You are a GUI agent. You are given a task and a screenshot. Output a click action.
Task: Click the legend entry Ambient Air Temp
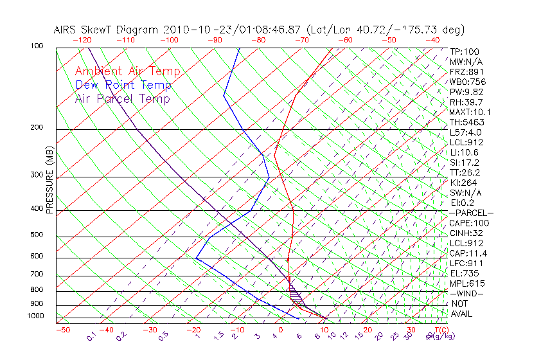[127, 71]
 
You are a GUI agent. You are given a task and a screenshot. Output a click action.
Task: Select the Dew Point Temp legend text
[123, 85]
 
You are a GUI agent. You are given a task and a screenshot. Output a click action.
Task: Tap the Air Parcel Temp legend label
[122, 98]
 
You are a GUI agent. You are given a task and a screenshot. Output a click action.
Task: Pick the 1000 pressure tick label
[37, 316]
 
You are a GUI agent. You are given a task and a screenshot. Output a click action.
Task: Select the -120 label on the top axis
[82, 40]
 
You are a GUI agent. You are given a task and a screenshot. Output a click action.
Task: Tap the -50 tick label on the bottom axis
[62, 330]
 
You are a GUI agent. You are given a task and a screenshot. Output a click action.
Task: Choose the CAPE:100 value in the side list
[465, 222]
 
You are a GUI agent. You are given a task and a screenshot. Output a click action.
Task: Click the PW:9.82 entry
[465, 92]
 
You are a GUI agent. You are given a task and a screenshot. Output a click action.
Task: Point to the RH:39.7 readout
[465, 102]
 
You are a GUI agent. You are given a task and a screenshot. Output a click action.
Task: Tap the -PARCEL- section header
[471, 212]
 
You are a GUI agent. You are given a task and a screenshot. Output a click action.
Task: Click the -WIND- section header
[466, 293]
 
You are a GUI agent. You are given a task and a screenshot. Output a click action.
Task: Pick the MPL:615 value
[467, 283]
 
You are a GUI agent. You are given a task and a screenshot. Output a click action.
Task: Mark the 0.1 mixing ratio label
[91, 336]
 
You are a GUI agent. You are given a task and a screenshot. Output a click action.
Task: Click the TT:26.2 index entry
[465, 172]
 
